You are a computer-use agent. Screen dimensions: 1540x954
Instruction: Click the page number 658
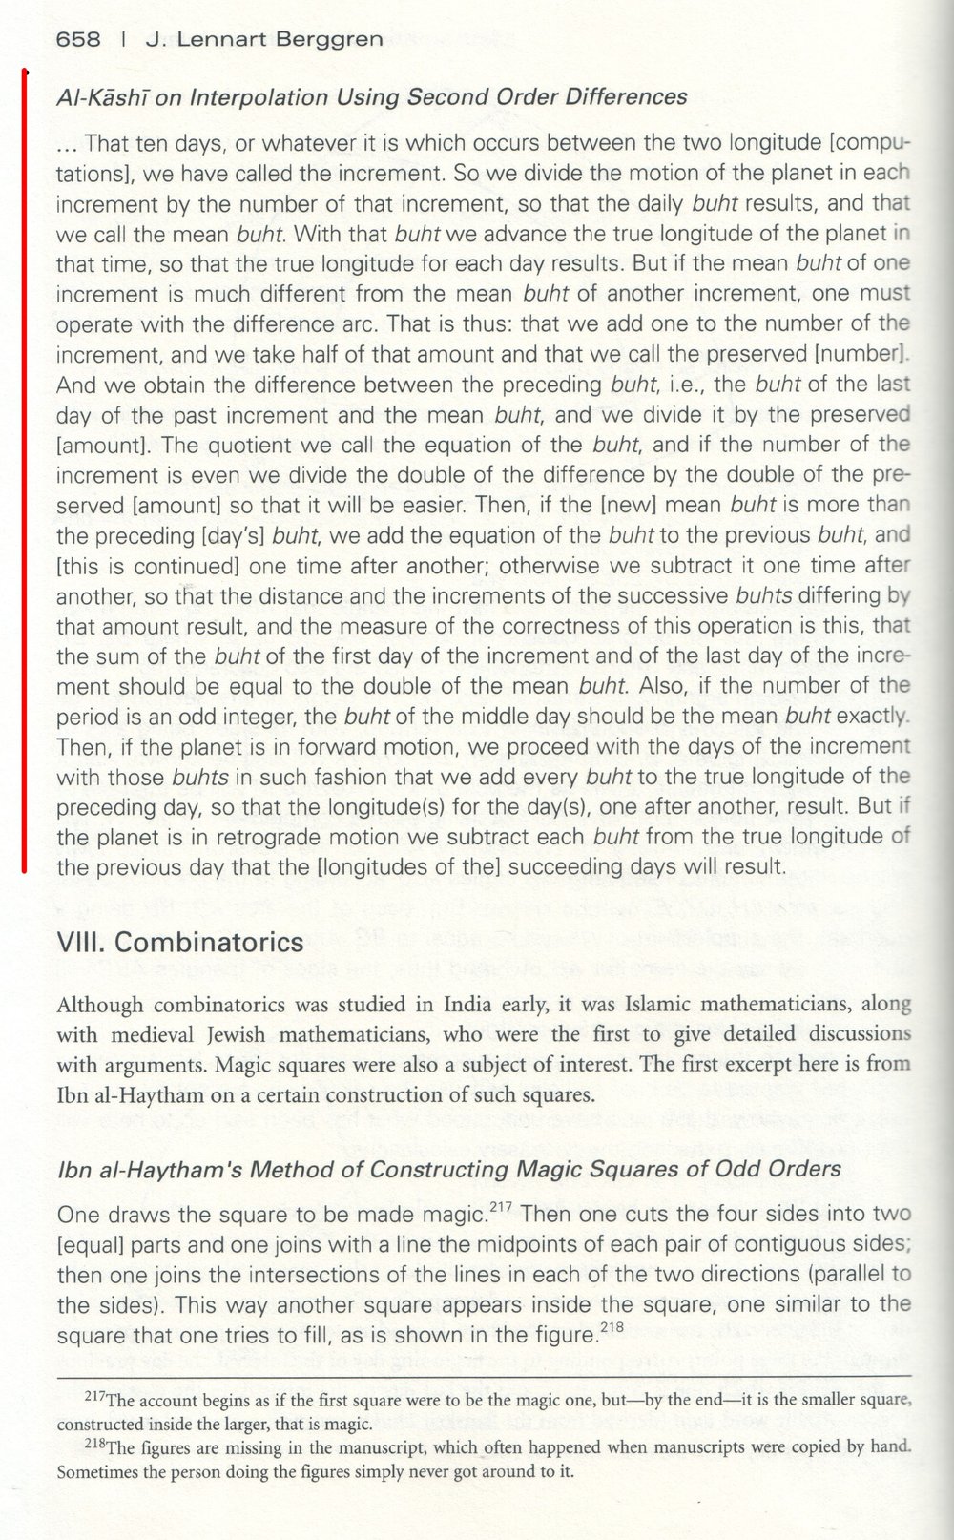(78, 39)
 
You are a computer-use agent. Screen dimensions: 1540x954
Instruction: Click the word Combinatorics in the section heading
(209, 943)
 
